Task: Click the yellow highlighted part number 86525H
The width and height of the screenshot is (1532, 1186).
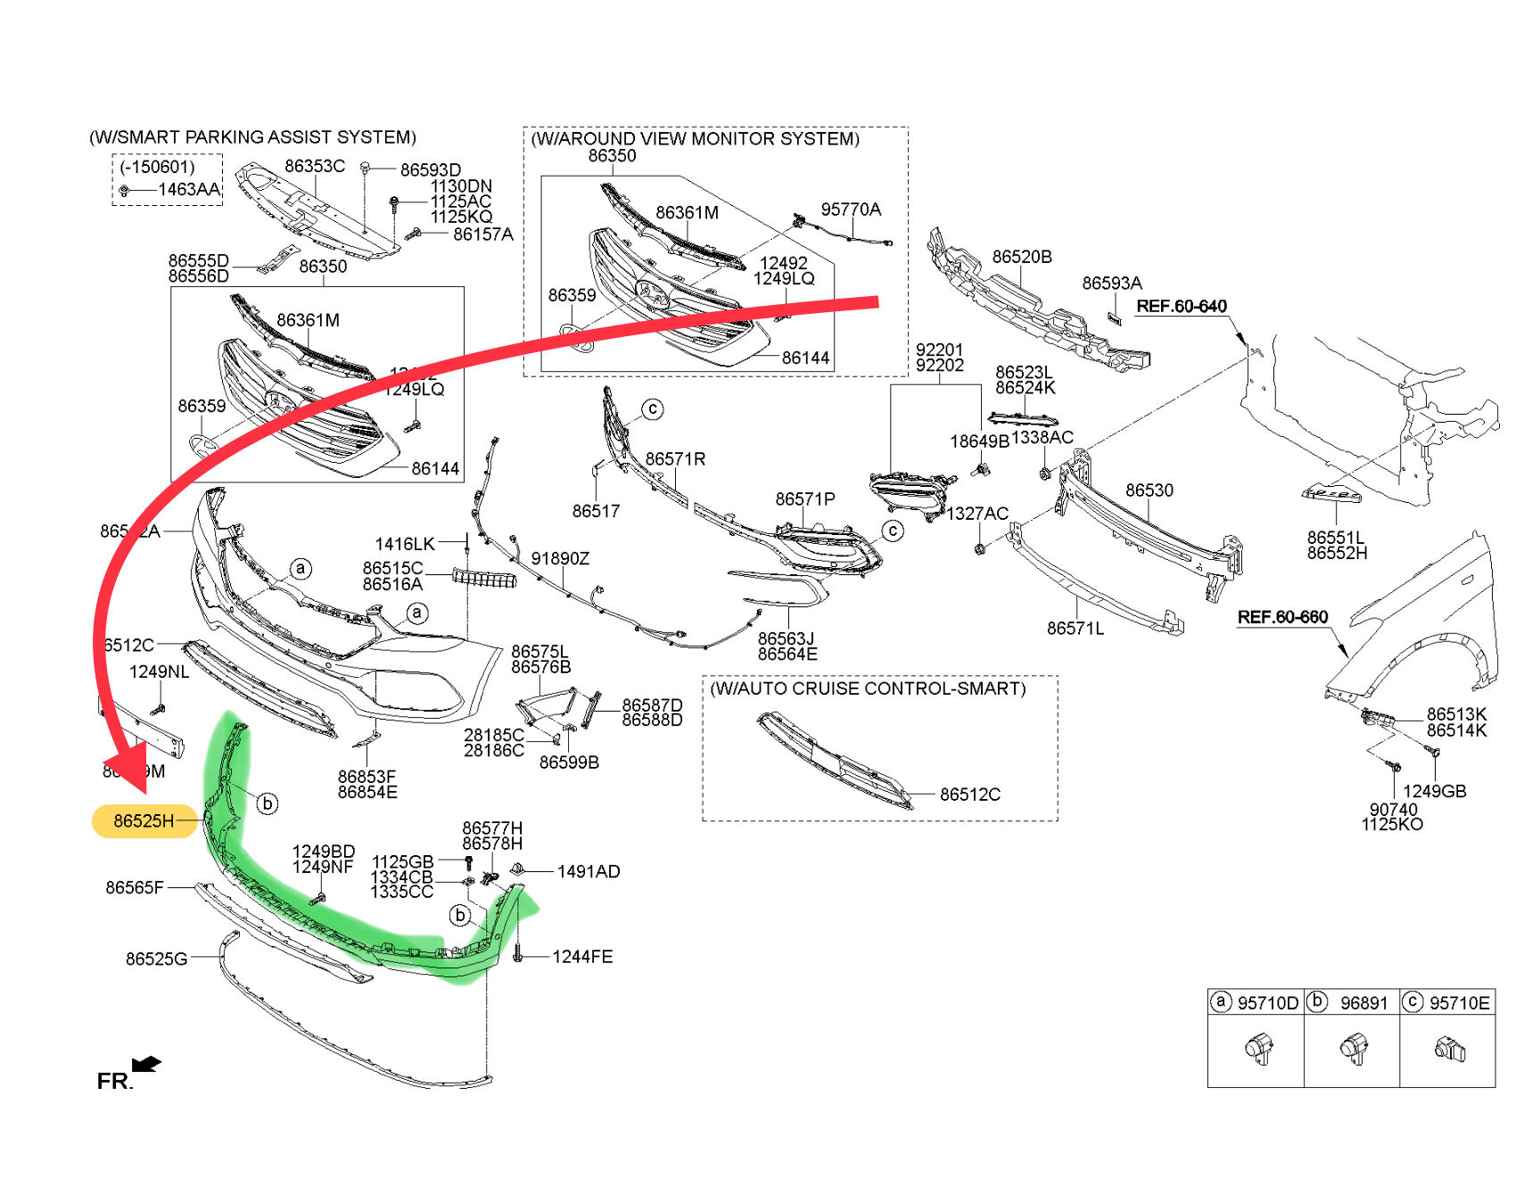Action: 144,821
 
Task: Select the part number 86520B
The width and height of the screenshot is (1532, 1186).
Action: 1022,257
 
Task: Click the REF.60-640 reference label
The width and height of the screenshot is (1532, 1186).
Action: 1182,307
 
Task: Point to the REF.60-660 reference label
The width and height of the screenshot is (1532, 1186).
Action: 1282,617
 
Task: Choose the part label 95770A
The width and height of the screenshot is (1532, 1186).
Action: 851,210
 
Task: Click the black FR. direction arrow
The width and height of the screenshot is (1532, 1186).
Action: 146,1064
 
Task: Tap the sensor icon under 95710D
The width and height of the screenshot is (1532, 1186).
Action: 1258,1049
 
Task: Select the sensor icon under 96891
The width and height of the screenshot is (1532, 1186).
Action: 1354,1049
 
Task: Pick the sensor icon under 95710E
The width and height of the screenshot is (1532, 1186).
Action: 1449,1049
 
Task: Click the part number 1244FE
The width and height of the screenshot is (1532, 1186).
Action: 582,957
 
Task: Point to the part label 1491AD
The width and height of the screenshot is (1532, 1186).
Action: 589,871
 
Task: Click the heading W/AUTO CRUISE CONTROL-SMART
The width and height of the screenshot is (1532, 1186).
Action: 868,688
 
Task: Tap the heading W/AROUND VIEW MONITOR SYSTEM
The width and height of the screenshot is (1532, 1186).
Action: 695,139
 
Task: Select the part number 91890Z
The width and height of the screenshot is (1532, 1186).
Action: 560,559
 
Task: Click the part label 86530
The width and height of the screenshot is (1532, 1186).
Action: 1149,490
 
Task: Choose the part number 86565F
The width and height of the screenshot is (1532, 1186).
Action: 135,887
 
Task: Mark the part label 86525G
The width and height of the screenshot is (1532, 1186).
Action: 156,959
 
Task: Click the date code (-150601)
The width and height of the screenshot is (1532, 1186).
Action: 157,167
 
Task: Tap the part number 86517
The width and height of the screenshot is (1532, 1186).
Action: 596,511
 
